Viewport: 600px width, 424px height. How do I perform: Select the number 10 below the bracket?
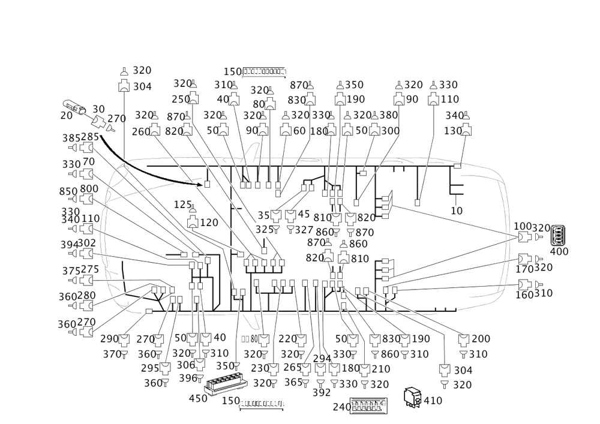[457, 211]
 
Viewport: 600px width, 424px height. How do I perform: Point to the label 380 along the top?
[389, 115]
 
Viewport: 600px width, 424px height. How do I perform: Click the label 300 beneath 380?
[391, 130]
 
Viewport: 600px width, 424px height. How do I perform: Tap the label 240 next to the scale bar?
[342, 405]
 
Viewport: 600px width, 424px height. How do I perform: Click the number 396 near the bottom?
[188, 378]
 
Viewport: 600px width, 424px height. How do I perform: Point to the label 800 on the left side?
[89, 189]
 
